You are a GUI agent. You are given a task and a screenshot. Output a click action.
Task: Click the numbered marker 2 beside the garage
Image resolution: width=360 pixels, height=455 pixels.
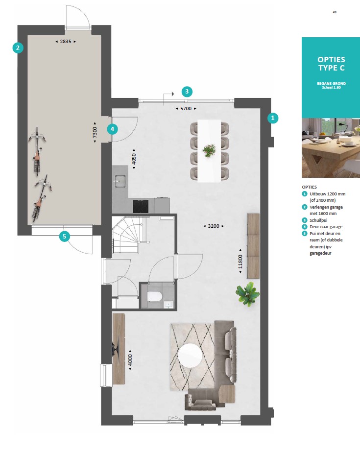18,48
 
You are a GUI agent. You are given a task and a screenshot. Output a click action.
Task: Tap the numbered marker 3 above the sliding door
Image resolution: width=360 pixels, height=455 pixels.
187,92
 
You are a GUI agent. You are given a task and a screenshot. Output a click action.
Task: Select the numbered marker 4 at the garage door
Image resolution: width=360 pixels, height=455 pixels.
113,129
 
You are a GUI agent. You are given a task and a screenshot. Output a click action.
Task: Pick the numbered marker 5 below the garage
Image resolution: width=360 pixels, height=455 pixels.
64,237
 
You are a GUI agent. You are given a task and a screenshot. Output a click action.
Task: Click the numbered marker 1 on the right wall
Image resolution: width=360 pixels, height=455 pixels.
272,118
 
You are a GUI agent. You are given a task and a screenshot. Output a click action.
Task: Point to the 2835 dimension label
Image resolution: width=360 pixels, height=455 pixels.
66,42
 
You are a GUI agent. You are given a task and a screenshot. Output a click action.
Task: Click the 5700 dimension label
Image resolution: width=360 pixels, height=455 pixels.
186,109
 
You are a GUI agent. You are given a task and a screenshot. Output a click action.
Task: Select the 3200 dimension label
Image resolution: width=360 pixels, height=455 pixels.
214,226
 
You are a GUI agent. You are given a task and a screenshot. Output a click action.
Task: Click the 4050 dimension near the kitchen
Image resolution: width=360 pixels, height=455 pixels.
134,159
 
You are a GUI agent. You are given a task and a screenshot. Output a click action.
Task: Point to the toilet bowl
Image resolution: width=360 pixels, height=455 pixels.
155,297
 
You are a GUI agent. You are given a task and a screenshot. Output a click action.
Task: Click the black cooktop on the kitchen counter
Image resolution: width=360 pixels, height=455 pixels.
141,206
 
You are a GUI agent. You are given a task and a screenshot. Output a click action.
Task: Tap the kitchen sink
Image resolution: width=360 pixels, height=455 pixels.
120,181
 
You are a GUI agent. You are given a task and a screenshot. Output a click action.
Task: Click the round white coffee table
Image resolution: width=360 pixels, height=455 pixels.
190,356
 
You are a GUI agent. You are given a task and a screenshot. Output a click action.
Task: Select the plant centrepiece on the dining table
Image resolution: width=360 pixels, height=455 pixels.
209,150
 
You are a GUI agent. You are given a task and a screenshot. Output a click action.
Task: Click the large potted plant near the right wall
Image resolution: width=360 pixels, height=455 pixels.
247,294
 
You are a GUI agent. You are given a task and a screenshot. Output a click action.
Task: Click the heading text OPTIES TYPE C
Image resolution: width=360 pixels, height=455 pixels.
331,64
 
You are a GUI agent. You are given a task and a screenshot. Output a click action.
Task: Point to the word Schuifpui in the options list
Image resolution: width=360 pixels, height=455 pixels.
318,220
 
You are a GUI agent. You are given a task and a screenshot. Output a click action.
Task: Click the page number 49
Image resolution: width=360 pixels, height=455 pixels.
335,12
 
